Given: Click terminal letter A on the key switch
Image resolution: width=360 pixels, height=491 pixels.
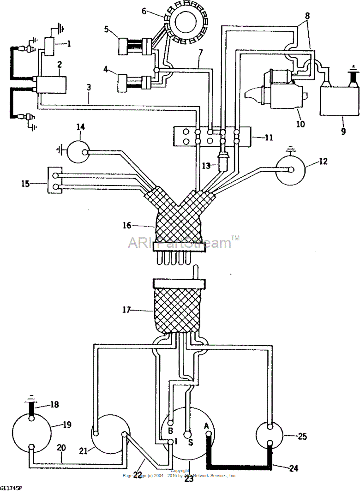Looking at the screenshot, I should [x=206, y=425].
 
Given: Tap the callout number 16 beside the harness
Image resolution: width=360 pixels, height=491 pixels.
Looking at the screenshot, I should [x=127, y=226].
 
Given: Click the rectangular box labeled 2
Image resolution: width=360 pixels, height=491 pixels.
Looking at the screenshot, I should [x=52, y=85].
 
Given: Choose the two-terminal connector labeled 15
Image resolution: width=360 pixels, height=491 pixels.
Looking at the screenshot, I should [x=55, y=180].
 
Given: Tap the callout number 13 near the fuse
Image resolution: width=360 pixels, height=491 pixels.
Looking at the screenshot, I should [x=206, y=165].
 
